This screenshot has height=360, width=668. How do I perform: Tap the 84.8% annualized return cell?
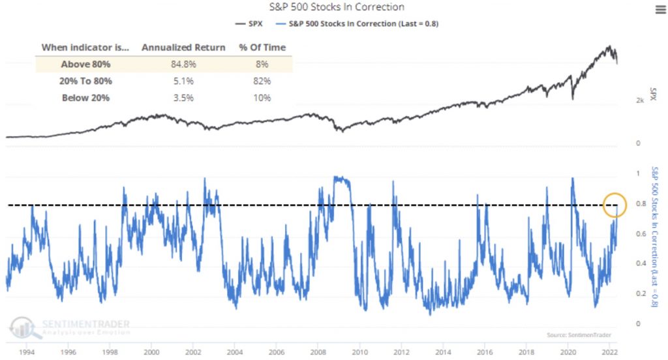(183, 64)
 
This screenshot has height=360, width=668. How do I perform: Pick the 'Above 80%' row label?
(85, 64)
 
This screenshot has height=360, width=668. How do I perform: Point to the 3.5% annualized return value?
(183, 98)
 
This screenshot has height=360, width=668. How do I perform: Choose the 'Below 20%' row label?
(85, 98)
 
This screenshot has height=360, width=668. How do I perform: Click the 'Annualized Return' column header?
(183, 48)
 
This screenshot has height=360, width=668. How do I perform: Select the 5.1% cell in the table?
(183, 81)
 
